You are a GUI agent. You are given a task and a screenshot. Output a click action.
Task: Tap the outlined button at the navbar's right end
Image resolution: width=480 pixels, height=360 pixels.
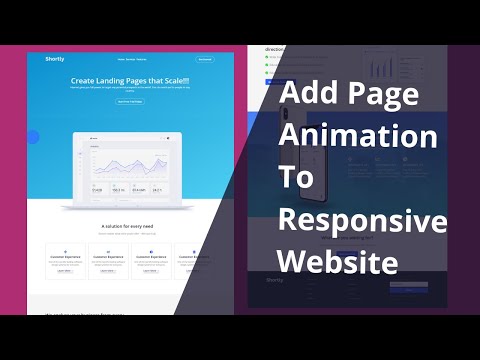(x=205, y=59)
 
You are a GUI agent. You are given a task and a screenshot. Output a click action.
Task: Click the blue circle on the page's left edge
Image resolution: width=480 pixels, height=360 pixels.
(x=33, y=137)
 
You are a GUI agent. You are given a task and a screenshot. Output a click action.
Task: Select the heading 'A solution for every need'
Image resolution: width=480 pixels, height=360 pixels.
(x=129, y=226)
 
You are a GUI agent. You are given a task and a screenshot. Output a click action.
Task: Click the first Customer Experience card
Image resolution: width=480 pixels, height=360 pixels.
(x=65, y=260)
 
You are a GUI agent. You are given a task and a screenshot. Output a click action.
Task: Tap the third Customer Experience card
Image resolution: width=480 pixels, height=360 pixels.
(x=150, y=260)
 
